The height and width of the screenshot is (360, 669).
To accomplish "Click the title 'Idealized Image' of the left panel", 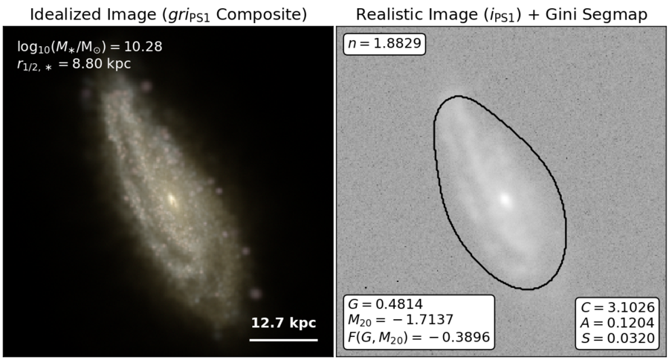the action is [x=94, y=14].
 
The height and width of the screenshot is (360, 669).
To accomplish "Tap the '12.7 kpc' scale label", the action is [x=283, y=323].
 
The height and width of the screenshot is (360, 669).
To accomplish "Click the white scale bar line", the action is [x=283, y=341].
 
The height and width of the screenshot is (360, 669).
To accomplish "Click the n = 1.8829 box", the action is [x=384, y=44].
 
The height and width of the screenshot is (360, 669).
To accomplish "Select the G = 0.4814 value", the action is [x=385, y=304].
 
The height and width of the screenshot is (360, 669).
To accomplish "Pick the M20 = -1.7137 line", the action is [x=400, y=320].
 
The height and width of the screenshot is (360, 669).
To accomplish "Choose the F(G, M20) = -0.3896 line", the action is [x=418, y=337].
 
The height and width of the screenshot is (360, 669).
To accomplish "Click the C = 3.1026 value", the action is [x=618, y=307].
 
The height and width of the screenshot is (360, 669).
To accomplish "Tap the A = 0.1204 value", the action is [x=618, y=322].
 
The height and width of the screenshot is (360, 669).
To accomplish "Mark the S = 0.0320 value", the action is [x=618, y=338].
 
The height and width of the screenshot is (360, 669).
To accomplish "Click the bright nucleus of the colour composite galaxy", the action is [x=172, y=199].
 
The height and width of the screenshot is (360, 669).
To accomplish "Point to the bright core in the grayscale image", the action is [x=505, y=199].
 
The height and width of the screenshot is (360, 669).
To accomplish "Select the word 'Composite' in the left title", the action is [x=262, y=14].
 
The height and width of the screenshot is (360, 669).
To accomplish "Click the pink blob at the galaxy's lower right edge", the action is [x=255, y=293].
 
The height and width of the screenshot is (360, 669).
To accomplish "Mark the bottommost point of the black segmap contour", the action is [x=528, y=289].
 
